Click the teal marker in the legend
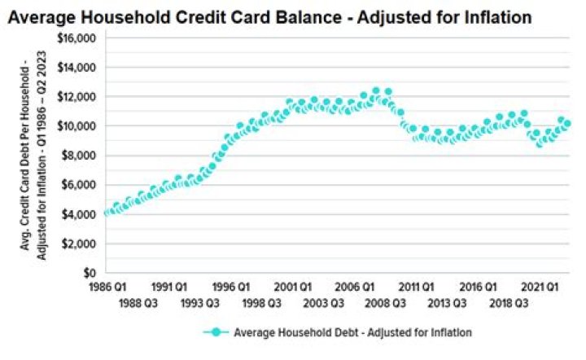(x=216, y=332)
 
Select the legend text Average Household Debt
(x=352, y=332)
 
